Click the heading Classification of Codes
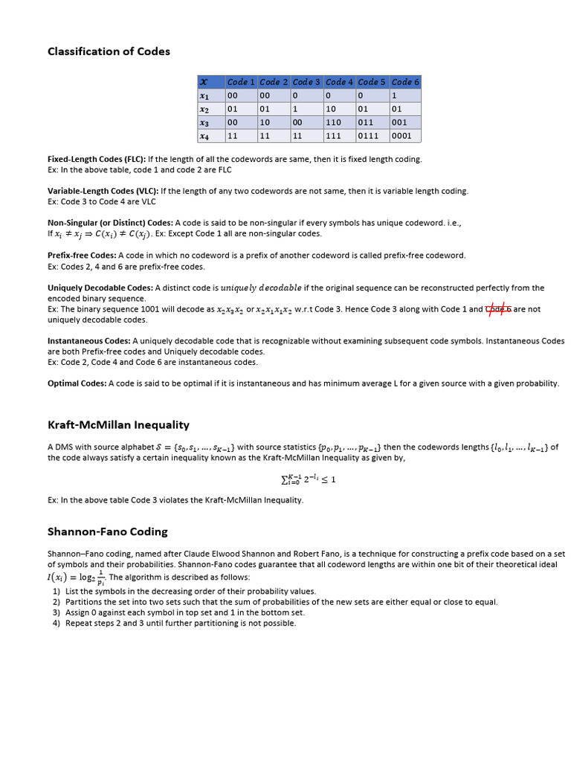109,51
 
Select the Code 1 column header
241,82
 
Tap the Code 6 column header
405,82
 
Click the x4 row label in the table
204,136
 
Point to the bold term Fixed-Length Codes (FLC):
97,159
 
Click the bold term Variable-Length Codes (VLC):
103,191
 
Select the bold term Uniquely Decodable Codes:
100,288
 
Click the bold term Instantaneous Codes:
89,341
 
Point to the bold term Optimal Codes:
77,383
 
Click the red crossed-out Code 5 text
498,308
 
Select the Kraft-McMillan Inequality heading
118,425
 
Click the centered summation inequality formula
309,479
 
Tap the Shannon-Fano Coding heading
108,531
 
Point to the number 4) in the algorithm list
57,623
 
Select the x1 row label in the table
204,96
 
